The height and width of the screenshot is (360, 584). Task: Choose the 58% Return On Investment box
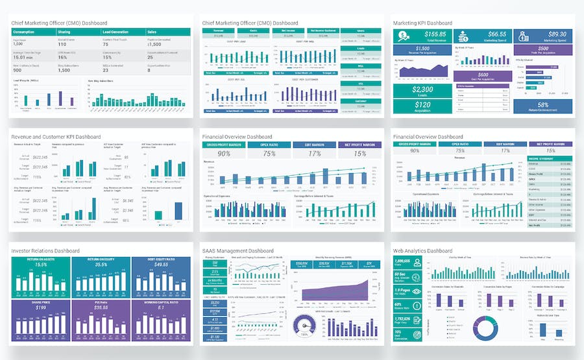(543, 106)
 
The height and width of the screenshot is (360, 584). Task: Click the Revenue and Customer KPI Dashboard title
(56, 138)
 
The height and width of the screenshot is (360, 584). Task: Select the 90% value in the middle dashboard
(224, 154)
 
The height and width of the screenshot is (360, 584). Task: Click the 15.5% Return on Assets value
(41, 265)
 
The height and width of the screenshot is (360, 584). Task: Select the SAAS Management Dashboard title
(238, 250)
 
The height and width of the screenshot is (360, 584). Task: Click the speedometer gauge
(303, 324)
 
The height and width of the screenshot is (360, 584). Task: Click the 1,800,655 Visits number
(403, 259)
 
